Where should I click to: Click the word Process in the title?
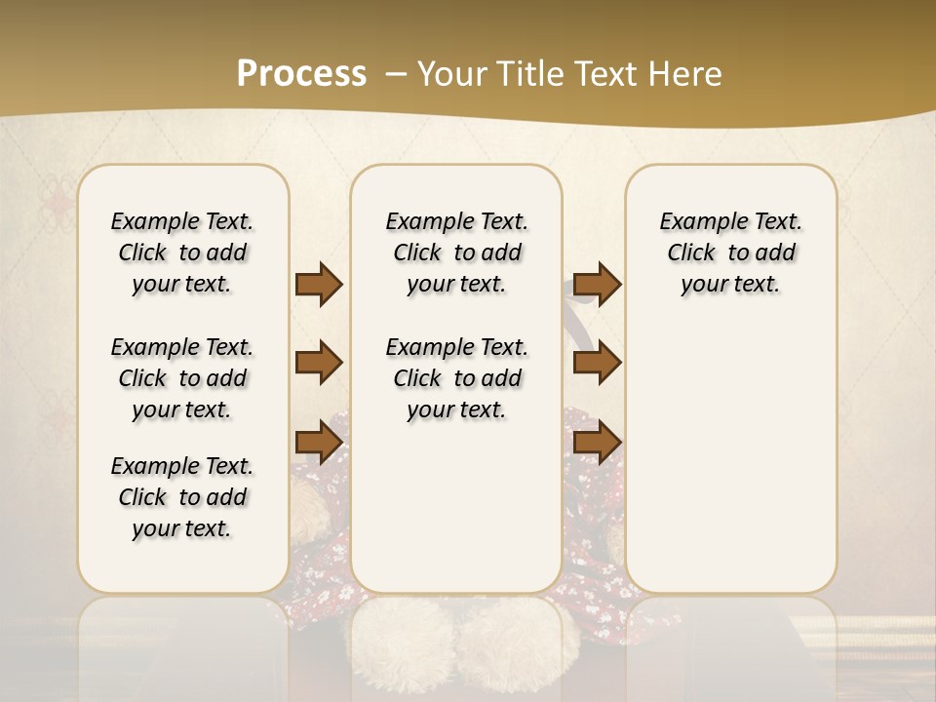[x=301, y=73]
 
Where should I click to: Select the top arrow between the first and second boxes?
[x=319, y=284]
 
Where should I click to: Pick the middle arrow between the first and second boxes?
[x=319, y=363]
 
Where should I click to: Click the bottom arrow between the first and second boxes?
[x=319, y=443]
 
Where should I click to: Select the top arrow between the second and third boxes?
[x=597, y=284]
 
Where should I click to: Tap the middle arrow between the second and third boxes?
[x=597, y=363]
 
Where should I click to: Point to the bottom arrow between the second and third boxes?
[x=597, y=443]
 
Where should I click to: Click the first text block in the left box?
[x=182, y=253]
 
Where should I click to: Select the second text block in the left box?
[x=182, y=378]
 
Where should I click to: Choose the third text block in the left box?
[x=182, y=497]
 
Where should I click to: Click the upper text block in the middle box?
[x=456, y=253]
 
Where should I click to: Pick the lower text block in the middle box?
[x=456, y=378]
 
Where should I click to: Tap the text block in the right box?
[x=730, y=253]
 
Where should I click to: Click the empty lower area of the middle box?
[x=456, y=507]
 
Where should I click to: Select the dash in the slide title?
[x=396, y=73]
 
